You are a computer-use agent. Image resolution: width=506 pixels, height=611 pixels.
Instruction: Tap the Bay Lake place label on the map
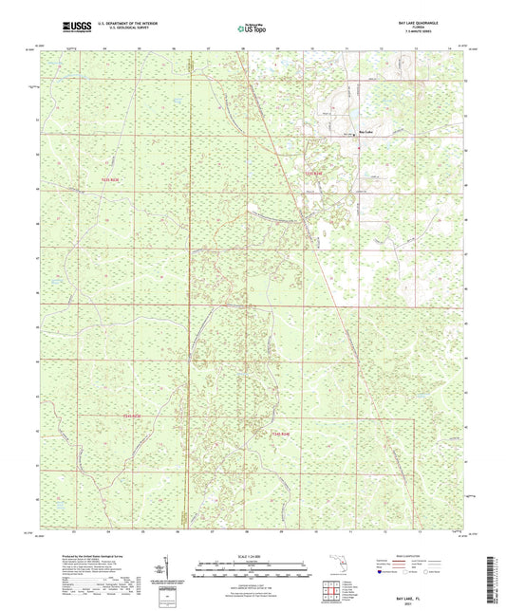(365, 131)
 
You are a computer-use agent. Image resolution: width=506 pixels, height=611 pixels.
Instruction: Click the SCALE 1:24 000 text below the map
(252, 558)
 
